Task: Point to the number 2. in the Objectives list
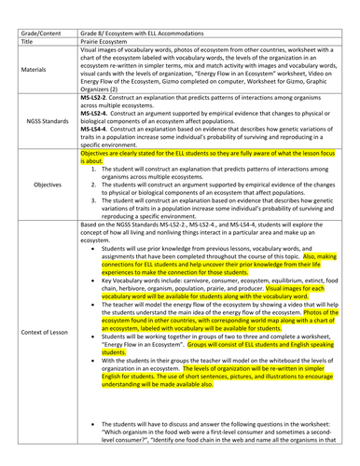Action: [98, 194]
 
